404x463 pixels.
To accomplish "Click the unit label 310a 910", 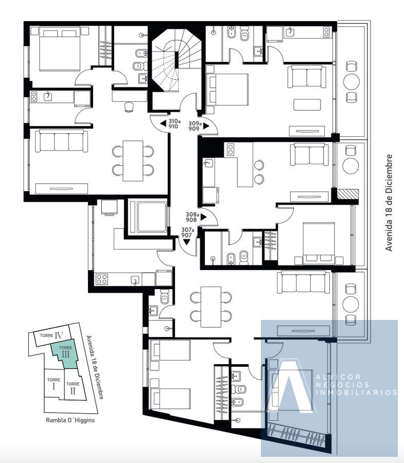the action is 174,123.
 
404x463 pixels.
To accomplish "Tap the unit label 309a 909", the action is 195,126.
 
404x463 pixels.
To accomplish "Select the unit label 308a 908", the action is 192,217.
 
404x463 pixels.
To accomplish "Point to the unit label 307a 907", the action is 187,233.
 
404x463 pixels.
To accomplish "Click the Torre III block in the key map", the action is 65,354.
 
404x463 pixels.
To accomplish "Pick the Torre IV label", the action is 51,335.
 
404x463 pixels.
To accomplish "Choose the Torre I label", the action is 54,383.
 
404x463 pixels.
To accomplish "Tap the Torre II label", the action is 73,388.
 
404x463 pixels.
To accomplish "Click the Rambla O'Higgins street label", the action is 71,420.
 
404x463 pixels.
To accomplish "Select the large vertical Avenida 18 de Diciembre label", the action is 389,203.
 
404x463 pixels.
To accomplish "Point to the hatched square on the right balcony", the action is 348,194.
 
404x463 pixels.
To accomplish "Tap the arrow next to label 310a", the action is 163,123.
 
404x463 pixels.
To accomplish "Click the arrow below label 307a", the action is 187,242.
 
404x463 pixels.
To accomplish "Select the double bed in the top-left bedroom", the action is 60,49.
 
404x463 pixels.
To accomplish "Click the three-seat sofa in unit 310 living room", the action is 61,141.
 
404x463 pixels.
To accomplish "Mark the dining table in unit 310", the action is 133,161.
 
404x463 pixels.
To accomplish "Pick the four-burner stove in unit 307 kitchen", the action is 101,279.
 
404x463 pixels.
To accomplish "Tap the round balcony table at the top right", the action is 352,81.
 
